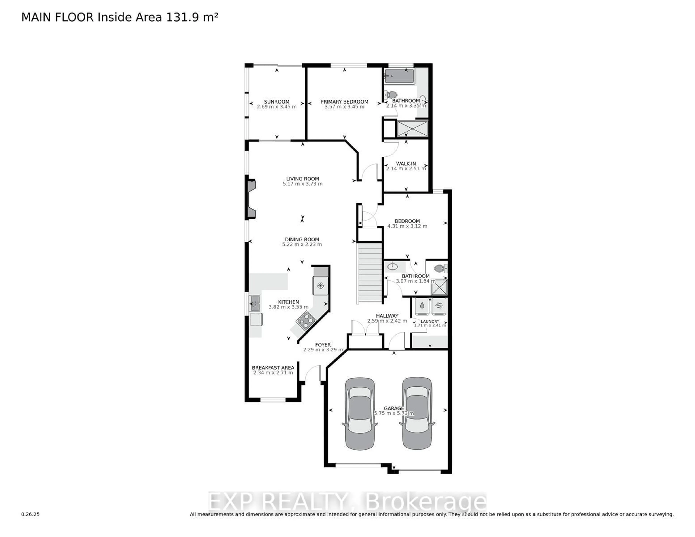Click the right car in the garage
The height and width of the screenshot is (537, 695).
click(x=417, y=414)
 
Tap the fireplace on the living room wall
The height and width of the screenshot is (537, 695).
click(x=250, y=199)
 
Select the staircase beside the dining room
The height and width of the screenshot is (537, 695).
click(x=370, y=273)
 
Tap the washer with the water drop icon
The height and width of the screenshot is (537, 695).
click(x=422, y=306)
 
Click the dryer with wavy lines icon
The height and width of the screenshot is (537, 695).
click(x=439, y=306)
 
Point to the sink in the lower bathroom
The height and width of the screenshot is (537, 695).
click(x=392, y=266)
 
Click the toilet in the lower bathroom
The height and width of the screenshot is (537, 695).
click(x=441, y=269)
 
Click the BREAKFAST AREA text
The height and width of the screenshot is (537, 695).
click(x=273, y=368)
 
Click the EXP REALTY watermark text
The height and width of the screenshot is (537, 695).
click(x=347, y=502)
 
